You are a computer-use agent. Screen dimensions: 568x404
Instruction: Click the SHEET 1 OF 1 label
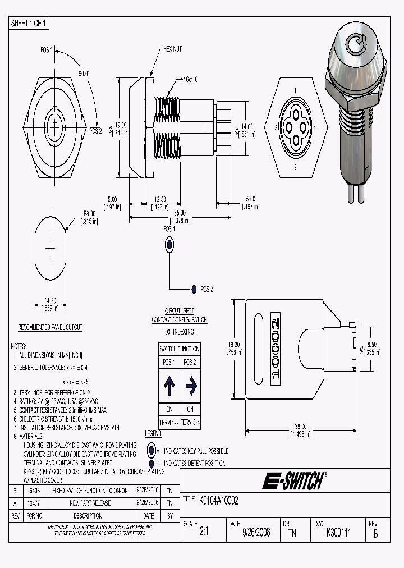coord(30,23)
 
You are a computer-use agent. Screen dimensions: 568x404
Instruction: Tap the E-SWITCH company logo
coord(292,480)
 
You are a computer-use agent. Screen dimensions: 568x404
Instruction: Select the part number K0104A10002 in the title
coord(215,501)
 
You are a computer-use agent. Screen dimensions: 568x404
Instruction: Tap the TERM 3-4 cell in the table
coord(190,422)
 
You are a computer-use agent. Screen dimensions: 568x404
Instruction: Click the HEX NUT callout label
coord(172,49)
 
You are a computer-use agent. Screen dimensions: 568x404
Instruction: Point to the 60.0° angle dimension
coord(85,73)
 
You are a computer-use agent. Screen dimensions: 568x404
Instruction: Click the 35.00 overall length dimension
coord(180,213)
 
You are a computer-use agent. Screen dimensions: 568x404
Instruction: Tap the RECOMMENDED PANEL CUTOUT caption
coord(50,327)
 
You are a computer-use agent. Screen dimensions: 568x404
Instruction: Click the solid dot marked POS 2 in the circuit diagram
coord(194,289)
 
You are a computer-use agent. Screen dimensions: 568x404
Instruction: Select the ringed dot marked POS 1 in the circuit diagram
coord(169,244)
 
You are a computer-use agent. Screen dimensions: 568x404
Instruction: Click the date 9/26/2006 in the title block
coord(256,533)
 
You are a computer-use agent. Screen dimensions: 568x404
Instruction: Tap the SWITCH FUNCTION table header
coord(180,349)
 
